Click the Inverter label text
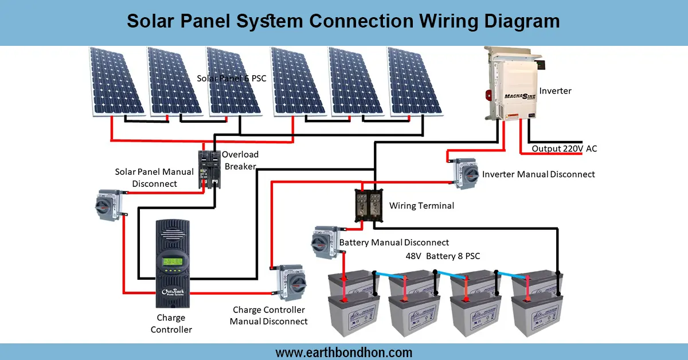pyautogui.click(x=555, y=91)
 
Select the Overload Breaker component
pyautogui.click(x=209, y=170)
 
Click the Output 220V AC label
pyautogui.click(x=564, y=148)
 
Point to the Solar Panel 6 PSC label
pyautogui.click(x=232, y=78)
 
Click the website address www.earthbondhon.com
pyautogui.click(x=343, y=352)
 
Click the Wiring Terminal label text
pyautogui.click(x=421, y=205)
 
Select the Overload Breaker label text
pyautogui.click(x=240, y=160)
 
